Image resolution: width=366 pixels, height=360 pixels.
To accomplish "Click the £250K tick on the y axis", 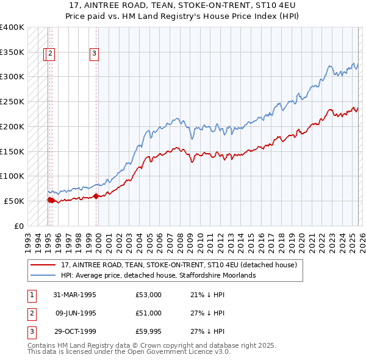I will tap(12, 102).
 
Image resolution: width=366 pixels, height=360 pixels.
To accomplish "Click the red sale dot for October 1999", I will tap(96, 196).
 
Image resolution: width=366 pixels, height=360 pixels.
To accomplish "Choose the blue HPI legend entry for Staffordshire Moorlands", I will tap(158, 276).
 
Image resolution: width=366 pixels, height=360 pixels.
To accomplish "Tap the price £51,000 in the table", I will tap(149, 313).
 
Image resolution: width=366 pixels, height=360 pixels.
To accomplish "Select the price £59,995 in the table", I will tap(149, 331).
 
